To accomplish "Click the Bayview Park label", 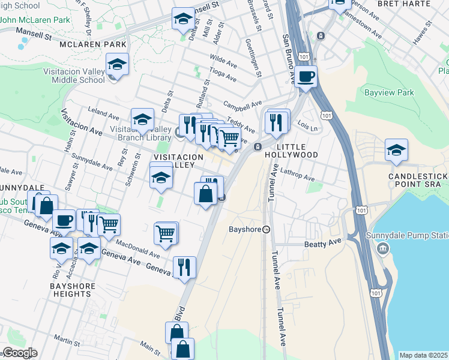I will click(389, 93).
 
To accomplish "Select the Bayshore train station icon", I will click(267, 229).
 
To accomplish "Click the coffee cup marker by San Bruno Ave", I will click(306, 77).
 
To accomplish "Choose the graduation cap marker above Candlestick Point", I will click(396, 150).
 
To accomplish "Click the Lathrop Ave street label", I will click(297, 175).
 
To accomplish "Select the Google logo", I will click(19, 353).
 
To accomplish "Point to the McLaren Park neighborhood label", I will click(92, 44).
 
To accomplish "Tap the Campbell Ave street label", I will click(243, 103).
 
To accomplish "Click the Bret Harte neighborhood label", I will click(403, 3).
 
